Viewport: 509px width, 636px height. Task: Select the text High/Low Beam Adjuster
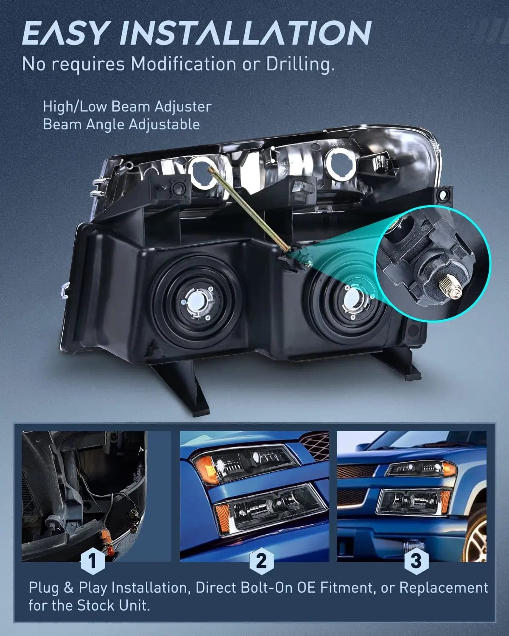127,106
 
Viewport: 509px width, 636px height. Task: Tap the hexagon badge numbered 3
416,561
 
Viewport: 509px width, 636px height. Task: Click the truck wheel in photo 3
477,536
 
